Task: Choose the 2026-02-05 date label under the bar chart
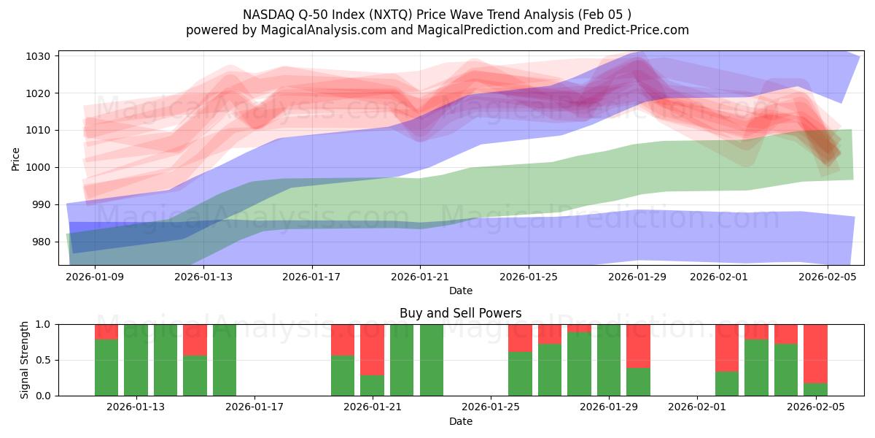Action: click(815, 407)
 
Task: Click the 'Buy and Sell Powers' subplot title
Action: click(460, 313)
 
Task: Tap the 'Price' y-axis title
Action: click(16, 158)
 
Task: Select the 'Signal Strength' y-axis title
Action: click(25, 360)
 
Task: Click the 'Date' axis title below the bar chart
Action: click(460, 421)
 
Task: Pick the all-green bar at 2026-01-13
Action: click(136, 360)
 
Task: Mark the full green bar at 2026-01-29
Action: click(609, 360)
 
